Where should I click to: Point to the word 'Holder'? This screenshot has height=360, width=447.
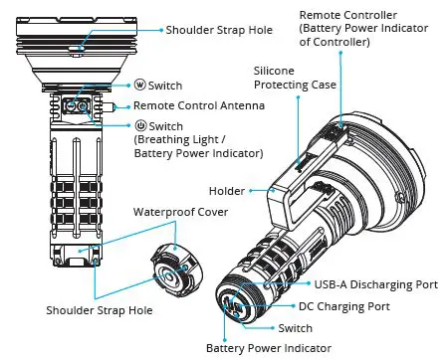(227, 190)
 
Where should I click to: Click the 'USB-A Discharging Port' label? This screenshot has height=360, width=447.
(377, 284)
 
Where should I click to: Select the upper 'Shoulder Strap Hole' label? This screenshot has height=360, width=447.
(218, 31)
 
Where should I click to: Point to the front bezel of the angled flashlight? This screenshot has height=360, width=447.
(403, 184)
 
